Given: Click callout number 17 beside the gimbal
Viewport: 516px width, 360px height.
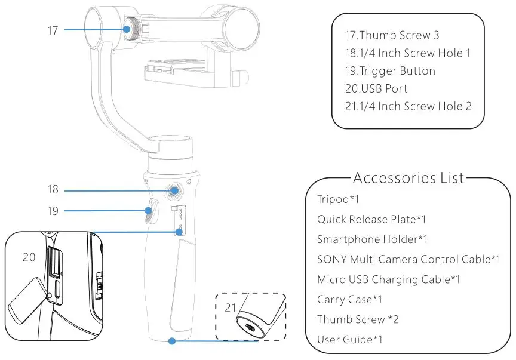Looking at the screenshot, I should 53,29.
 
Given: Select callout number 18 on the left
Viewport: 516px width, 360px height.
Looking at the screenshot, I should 53,190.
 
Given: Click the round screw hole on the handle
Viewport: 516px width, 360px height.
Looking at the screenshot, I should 174,191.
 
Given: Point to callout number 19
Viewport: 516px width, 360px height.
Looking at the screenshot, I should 53,210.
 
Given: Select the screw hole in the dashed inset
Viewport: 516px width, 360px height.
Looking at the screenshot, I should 247,326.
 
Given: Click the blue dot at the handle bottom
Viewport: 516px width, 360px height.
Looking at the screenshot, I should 172,341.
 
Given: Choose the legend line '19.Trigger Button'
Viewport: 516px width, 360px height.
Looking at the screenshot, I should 390,70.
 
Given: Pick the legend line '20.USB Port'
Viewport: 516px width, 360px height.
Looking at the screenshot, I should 376,88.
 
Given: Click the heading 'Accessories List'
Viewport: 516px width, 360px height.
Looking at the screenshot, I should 408,178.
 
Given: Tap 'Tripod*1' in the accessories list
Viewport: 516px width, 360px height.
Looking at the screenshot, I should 338,199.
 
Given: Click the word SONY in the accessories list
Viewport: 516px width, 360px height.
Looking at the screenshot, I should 331,259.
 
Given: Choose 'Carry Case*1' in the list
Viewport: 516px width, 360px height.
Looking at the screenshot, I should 349,299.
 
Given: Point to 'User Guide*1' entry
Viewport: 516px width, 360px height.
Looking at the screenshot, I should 349,339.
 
